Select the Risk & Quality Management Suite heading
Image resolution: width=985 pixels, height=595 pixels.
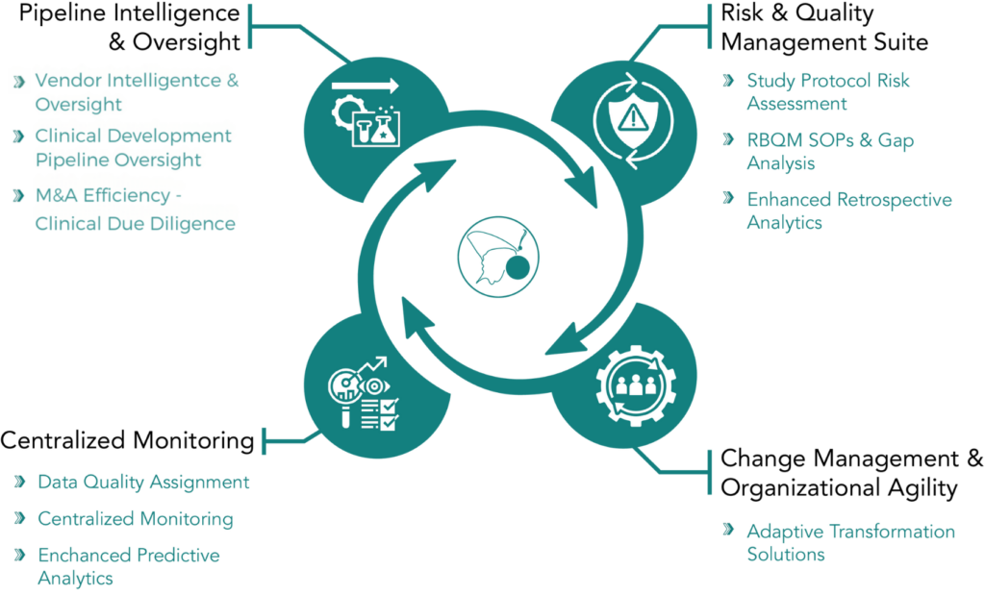[824, 29]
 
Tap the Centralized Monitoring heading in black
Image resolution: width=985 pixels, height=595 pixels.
[127, 441]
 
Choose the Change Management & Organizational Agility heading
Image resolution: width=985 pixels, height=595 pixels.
[851, 472]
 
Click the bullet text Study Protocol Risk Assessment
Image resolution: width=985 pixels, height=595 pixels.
[827, 91]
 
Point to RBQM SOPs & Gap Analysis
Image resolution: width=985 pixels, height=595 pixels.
[830, 152]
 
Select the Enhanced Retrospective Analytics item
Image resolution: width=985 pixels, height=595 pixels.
[848, 211]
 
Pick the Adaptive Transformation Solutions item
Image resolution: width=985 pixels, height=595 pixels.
[850, 542]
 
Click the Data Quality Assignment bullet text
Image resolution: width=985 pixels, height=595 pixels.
[143, 482]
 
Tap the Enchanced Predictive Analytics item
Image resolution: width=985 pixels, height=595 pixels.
[128, 566]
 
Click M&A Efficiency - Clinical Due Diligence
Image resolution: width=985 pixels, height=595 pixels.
[135, 210]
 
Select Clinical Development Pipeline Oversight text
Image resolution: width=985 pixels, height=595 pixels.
[133, 147]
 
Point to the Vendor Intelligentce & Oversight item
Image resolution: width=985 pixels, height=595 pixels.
[137, 91]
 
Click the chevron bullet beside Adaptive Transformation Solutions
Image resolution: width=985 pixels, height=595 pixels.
[730, 531]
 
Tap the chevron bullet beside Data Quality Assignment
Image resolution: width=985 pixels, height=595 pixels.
[20, 482]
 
